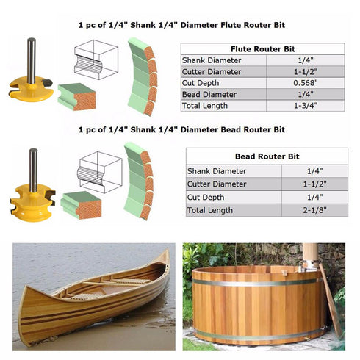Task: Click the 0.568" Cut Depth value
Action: [306, 83]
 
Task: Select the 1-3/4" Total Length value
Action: [306, 106]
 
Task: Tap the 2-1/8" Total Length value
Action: [314, 210]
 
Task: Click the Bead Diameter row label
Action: [209, 94]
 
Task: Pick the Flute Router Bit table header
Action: [263, 49]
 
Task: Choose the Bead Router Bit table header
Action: [267, 156]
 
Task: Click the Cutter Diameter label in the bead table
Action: [217, 184]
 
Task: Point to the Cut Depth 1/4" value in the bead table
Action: [314, 197]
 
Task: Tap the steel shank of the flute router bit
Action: [32, 61]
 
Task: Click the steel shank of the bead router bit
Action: [33, 170]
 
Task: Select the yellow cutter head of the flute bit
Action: [31, 89]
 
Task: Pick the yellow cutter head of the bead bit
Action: [33, 203]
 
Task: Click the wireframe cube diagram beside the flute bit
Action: [96, 60]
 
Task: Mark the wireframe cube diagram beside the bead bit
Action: [100, 172]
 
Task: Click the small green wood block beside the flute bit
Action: [76, 96]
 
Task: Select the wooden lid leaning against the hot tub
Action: [331, 302]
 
